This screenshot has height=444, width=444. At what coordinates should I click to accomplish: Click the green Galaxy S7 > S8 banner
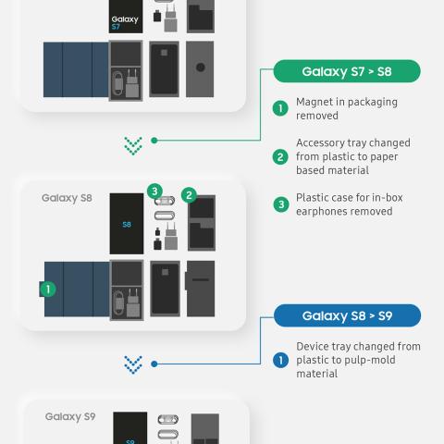pos(347,71)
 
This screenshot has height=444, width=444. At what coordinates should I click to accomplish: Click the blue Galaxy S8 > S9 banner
pos(347,315)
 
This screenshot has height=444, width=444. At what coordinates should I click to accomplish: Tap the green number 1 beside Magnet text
pos(280,108)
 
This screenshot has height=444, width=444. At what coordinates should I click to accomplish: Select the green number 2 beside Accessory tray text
pos(280,157)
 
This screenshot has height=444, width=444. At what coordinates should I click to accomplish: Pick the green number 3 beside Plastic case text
pos(281,204)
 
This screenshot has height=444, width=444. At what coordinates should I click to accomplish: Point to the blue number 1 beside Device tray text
pos(281,360)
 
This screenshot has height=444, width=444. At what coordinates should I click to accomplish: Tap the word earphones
pos(325,212)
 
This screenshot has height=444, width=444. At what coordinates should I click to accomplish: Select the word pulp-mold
pos(370,360)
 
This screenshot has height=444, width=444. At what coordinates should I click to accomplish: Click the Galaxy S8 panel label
pos(67,198)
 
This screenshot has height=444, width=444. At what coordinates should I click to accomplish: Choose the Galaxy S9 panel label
pos(70,416)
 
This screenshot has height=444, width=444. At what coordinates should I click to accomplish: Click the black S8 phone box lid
pos(127,224)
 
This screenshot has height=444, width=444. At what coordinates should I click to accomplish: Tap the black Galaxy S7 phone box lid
pos(126,17)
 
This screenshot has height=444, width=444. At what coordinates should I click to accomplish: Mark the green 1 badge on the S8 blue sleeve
pos(48,290)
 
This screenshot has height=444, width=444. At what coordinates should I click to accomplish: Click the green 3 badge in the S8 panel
pos(154,191)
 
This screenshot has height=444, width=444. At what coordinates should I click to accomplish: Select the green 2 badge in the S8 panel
pos(189,195)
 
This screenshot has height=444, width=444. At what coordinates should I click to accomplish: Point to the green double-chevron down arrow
pos(133,146)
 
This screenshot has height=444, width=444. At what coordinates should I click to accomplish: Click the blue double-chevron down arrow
pos(133,364)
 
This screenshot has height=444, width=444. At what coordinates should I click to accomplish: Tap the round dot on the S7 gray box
pos(201,68)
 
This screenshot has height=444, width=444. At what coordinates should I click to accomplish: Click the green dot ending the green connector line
pos(154,141)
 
